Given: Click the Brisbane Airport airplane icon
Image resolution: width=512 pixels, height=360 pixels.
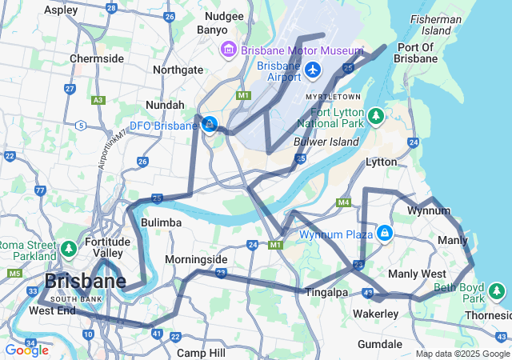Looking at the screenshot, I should (x=312, y=71).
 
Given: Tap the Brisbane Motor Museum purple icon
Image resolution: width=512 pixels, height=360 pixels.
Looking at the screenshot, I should (x=229, y=50).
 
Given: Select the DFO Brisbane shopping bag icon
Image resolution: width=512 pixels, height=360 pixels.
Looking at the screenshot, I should (x=210, y=124).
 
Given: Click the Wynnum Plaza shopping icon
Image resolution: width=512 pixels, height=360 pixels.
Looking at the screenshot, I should (x=385, y=233).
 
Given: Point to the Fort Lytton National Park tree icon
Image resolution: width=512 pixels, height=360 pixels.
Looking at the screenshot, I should (x=376, y=118).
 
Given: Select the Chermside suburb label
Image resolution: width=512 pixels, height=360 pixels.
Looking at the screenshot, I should (x=97, y=58).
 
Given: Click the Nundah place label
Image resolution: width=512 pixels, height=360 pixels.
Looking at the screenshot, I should (x=165, y=105).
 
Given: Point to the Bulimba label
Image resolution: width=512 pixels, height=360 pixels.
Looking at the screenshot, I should (x=161, y=222).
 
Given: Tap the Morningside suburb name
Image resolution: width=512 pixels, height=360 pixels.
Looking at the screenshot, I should (x=196, y=260).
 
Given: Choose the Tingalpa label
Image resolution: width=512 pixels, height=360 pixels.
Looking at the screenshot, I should (x=326, y=292).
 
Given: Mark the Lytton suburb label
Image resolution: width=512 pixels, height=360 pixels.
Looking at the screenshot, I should (x=381, y=162).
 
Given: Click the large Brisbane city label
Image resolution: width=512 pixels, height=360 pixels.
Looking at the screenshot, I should (x=85, y=281).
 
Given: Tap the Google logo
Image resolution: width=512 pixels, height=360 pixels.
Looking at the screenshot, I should (x=26, y=350).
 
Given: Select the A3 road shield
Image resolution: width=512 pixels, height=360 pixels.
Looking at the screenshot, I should (x=98, y=100).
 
